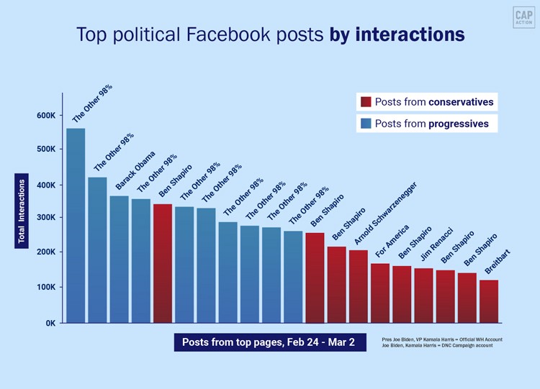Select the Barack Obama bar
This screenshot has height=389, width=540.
(119, 259)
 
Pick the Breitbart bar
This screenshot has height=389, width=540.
(489, 301)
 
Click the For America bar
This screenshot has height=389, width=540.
(380, 293)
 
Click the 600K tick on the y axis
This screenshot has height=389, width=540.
(46, 116)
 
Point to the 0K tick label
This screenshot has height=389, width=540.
(50, 323)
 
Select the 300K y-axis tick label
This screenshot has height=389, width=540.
(46, 217)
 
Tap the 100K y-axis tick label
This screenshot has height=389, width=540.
(46, 287)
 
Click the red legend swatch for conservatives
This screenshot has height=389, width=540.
(366, 102)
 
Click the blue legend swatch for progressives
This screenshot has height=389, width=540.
(366, 124)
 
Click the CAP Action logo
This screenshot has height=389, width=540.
(523, 17)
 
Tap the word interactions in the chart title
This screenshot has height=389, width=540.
(410, 35)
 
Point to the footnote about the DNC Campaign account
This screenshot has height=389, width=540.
(441, 346)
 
